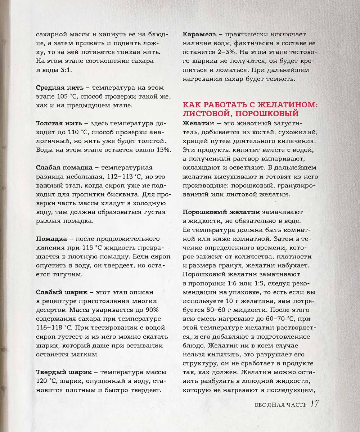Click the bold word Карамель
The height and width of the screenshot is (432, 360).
click(199, 34)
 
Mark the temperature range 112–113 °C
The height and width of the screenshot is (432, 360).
click(123, 176)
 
